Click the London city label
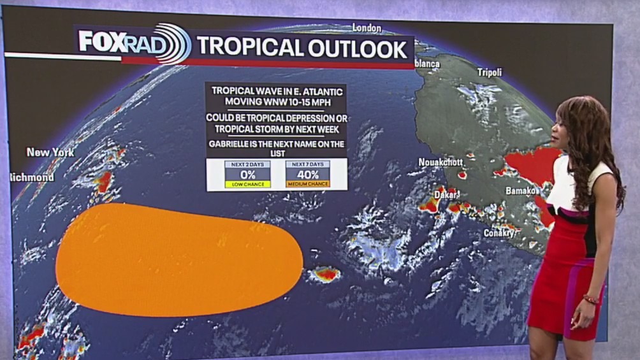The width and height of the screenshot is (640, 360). pos(367,28)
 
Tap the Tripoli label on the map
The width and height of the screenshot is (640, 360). pos(490,72)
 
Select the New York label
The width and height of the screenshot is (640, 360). pos(50,152)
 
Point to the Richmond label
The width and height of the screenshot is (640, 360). pos(32,176)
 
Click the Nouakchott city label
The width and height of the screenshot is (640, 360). pos(440,162)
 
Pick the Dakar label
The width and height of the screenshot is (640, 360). pos(446,194)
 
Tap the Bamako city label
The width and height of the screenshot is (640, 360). pos(521,191)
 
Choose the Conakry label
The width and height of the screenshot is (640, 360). pos(498,233)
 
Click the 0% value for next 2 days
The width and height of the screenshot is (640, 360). pos(247,175)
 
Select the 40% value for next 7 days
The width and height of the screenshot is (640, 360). pos(308,175)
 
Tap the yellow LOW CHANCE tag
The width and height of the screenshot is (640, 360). pos(247,184)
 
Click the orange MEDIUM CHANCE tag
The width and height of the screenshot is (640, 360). pos(308,184)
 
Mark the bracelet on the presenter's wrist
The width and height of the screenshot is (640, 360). pos(591,299)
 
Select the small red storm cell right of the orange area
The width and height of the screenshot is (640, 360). pos(325,275)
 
